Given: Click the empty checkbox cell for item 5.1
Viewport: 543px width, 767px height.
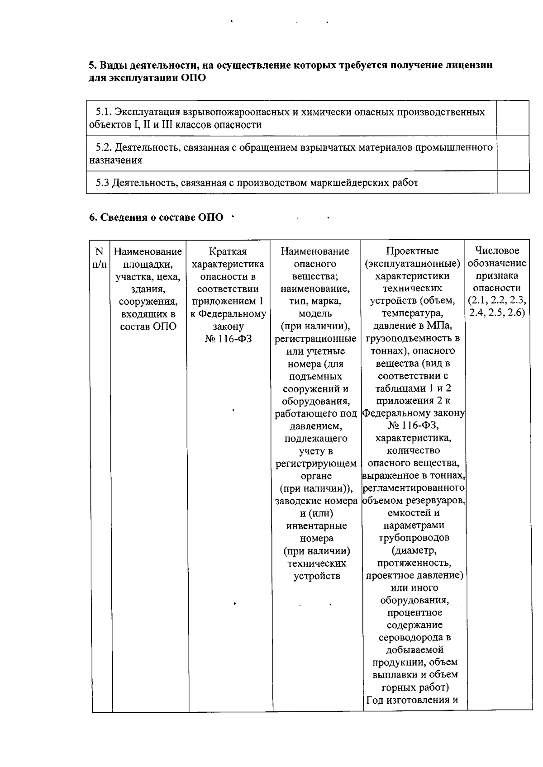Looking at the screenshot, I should (x=513, y=118).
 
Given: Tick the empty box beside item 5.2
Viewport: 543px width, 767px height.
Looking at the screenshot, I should (x=513, y=153).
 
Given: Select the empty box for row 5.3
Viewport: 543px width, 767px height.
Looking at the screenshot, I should (x=513, y=182).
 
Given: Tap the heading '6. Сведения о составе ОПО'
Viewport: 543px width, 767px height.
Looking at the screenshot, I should (x=156, y=218).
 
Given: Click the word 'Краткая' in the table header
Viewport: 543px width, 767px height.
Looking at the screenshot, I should (x=228, y=251).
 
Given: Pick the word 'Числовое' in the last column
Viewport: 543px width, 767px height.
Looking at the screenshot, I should (x=497, y=251).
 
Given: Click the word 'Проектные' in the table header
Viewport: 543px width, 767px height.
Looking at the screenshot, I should (x=412, y=251).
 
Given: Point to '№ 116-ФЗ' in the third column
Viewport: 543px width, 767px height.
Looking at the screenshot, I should (x=228, y=339).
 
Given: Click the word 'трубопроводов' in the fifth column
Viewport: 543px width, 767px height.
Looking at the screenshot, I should (x=414, y=538).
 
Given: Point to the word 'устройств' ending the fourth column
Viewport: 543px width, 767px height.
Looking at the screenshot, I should (x=317, y=576).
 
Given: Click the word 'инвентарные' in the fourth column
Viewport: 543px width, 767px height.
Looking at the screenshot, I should (x=317, y=526).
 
